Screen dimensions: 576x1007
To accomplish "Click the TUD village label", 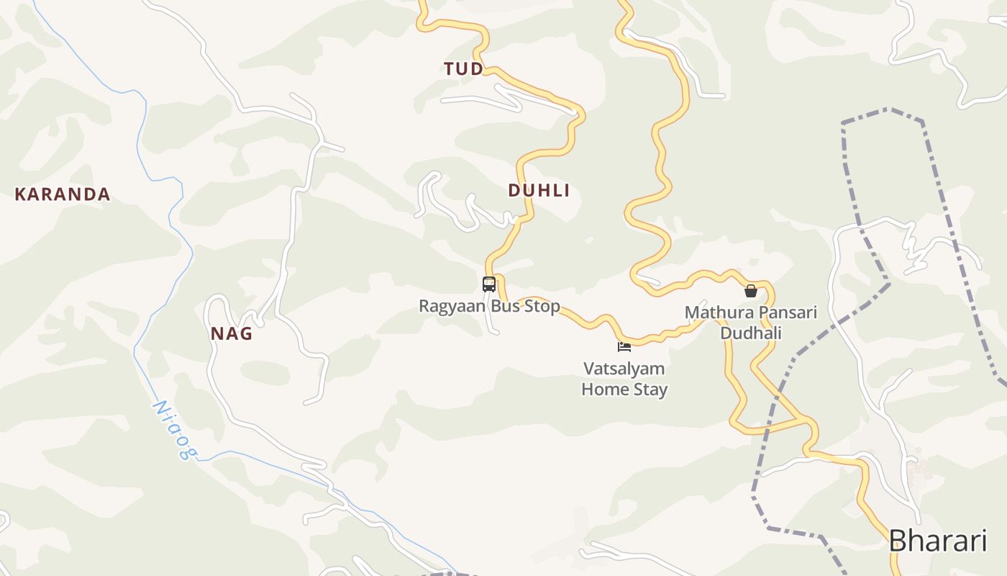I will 463,69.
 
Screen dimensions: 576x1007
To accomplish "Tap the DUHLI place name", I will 539,191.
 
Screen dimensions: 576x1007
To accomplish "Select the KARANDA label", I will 63,194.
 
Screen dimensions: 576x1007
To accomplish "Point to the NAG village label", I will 232,334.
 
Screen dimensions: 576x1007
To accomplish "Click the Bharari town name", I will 937,541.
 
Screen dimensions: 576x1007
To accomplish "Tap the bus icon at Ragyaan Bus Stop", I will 489,284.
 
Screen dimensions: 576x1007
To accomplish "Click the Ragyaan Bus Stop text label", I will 489,306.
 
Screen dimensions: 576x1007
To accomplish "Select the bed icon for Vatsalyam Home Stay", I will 624,347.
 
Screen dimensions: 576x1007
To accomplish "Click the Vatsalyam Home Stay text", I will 624,379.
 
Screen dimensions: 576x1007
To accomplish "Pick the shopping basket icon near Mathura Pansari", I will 751,291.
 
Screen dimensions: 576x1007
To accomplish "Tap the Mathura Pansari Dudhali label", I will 751,323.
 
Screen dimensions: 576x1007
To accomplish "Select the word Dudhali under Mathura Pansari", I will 751,333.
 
